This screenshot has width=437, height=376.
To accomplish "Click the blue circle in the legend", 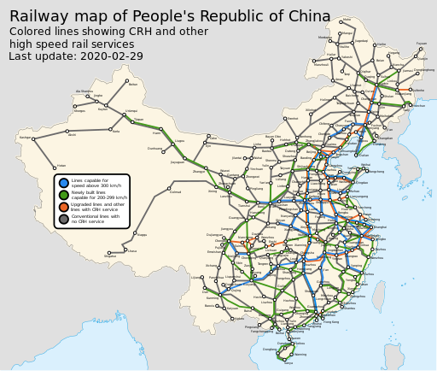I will (x=64, y=183).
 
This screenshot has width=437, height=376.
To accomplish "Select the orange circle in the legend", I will (x=64, y=207).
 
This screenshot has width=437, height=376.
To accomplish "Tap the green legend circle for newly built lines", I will (x=64, y=195).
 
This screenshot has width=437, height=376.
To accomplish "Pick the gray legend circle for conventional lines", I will (x=64, y=219).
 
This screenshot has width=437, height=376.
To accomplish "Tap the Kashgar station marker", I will (x=33, y=138).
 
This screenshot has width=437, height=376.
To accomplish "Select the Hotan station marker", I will (x=54, y=166).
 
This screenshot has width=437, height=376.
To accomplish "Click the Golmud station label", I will (x=176, y=191).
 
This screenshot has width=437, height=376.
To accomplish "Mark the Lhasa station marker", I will (x=125, y=250).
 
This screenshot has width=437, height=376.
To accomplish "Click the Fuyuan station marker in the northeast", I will (x=422, y=48).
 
